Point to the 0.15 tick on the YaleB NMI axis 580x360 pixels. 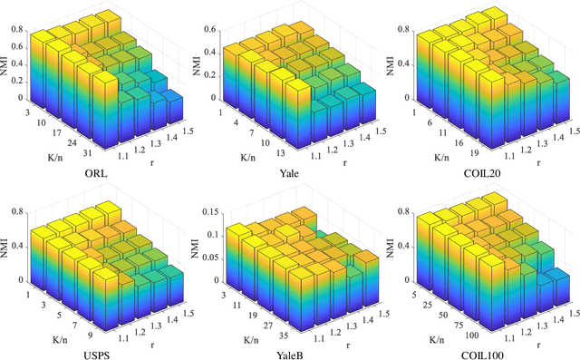214,215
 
